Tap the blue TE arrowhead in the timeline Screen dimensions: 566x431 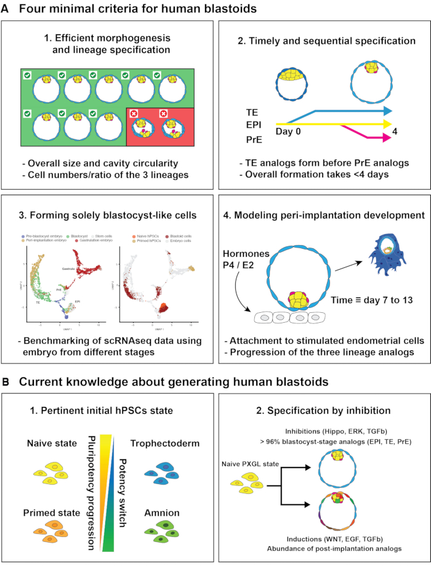point(387,111)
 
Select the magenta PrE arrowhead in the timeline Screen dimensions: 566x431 point(387,140)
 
